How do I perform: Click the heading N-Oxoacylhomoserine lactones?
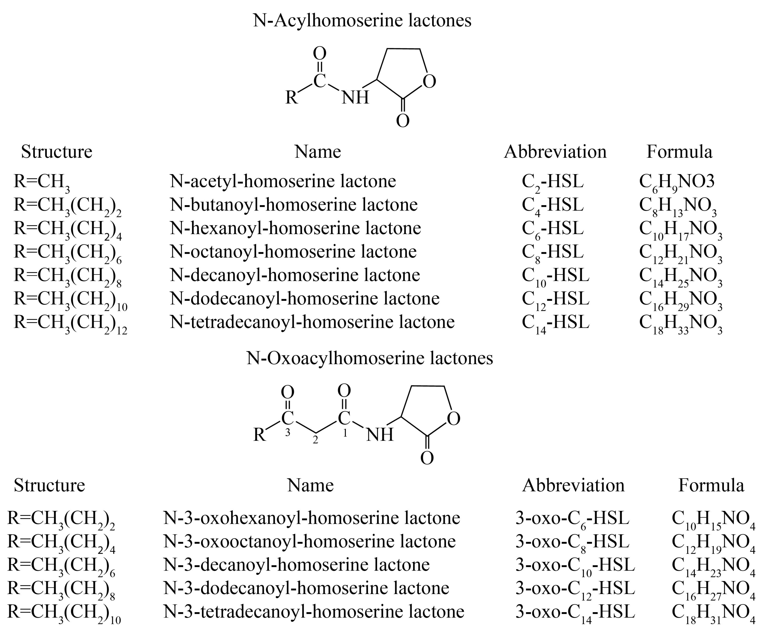370,358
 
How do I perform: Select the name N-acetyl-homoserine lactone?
283,181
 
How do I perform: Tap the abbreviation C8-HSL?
553,252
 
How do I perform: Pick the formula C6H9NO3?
677,181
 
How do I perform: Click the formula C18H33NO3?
680,322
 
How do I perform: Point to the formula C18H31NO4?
713,612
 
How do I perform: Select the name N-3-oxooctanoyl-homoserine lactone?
309,541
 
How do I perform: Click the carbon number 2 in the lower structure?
315,440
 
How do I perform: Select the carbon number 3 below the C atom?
287,433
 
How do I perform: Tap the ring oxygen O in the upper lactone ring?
429,82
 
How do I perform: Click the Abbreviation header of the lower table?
573,485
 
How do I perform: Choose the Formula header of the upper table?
679,152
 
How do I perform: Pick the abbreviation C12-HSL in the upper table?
555,299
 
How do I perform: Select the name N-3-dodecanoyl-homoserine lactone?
306,588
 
